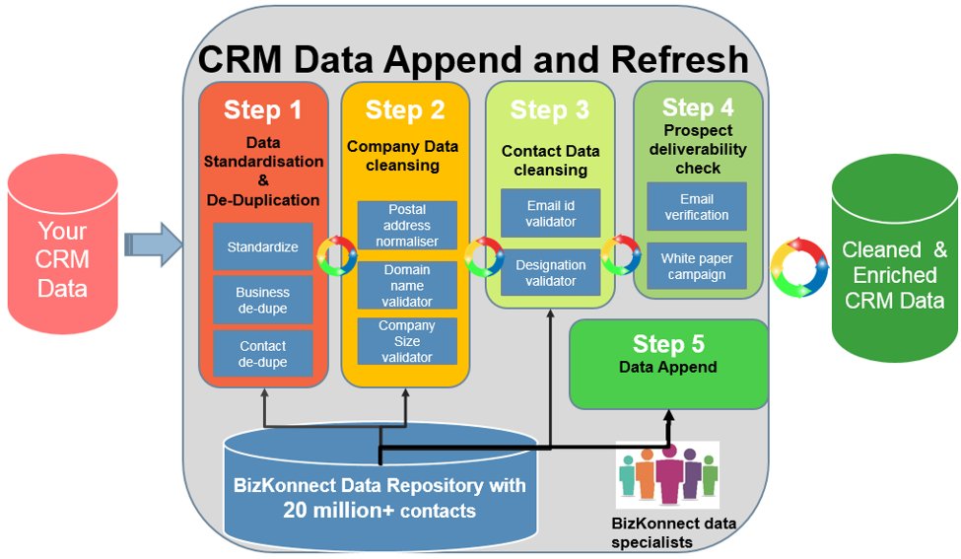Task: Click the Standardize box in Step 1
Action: (262, 246)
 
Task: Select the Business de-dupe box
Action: (262, 300)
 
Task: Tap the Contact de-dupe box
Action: (262, 354)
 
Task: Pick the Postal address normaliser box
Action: (407, 226)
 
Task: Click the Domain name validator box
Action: (407, 285)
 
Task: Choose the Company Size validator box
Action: (407, 341)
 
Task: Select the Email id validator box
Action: (550, 213)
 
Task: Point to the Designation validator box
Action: (550, 273)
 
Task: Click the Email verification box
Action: (696, 206)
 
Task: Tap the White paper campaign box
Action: (696, 266)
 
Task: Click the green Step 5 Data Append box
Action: (668, 363)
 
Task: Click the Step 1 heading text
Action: (262, 108)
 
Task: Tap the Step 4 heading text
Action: (698, 106)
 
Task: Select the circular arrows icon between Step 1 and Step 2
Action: (335, 254)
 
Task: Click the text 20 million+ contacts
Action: (379, 511)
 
